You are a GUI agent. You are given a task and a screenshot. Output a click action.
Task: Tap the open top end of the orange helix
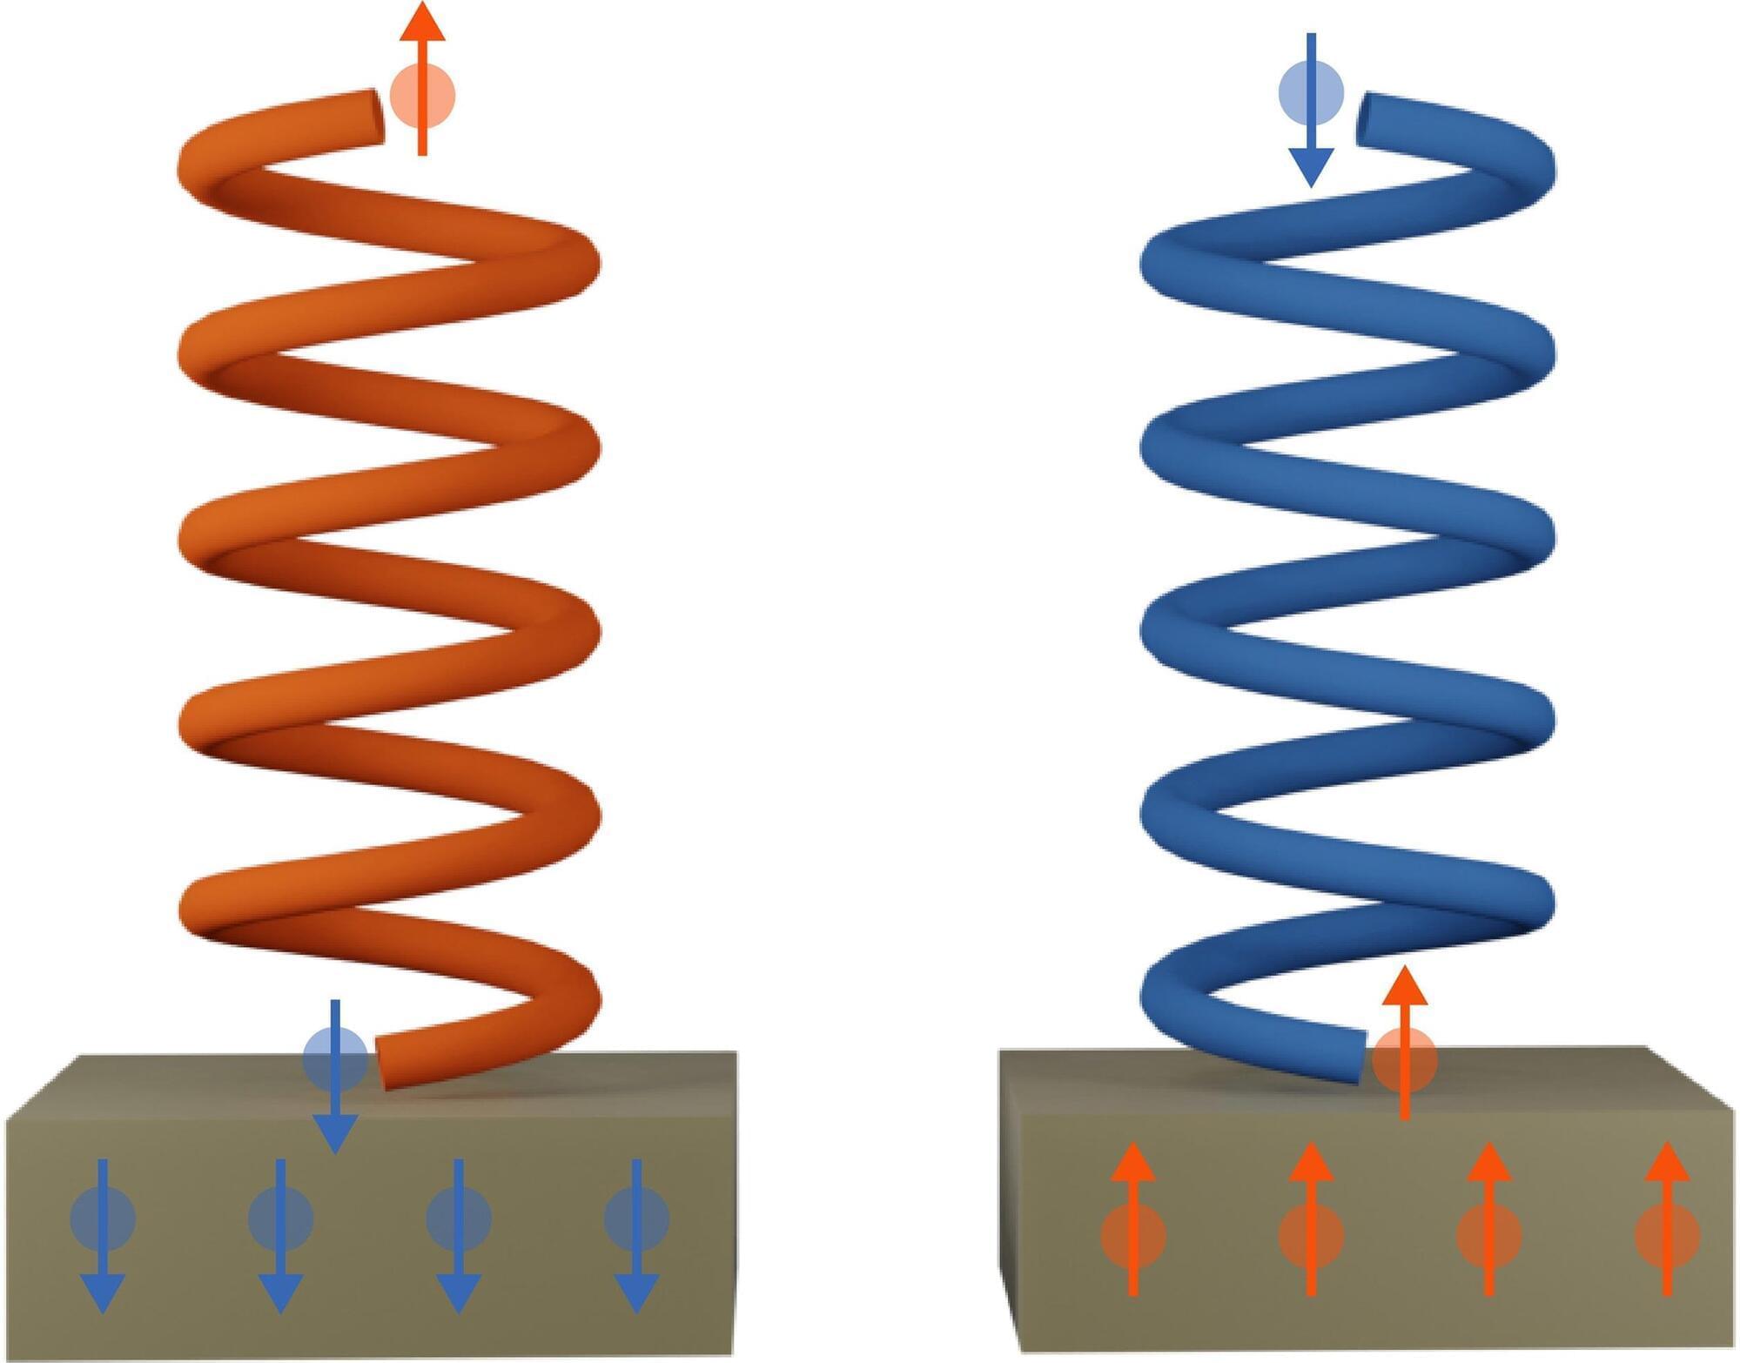point(376,117)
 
